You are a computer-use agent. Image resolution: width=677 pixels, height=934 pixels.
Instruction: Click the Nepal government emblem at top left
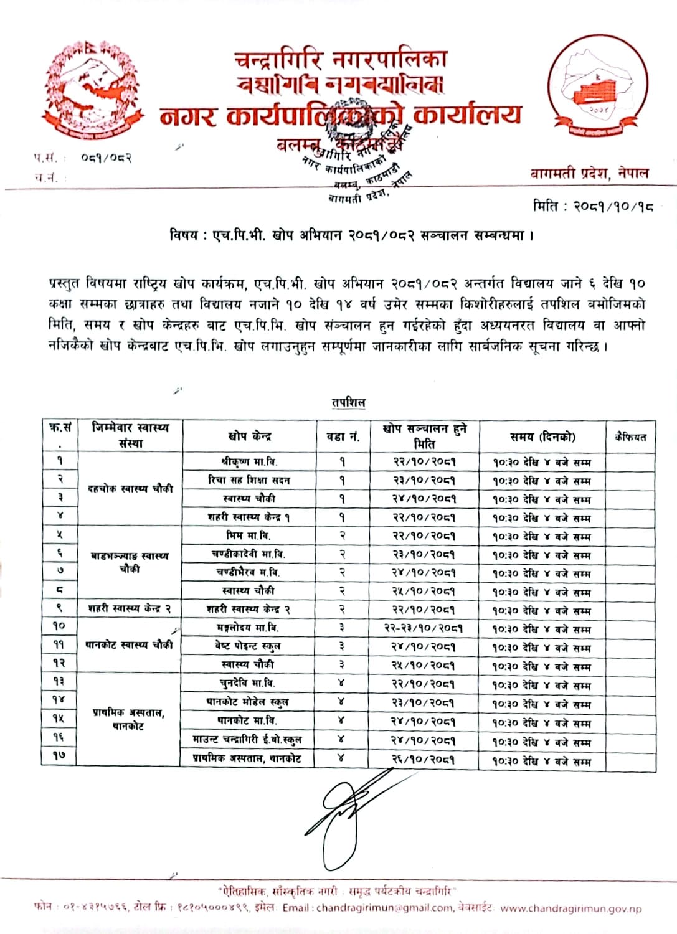pos(92,91)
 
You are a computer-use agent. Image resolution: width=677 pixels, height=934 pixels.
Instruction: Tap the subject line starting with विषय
pos(352,235)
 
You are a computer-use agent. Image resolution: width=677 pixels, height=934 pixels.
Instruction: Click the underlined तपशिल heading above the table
pos(348,402)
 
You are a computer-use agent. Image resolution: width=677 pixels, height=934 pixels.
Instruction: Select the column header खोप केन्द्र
pos(249,436)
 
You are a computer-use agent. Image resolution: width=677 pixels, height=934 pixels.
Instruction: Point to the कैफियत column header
pos(630,436)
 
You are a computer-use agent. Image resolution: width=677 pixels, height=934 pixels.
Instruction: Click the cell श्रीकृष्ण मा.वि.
pos(249,461)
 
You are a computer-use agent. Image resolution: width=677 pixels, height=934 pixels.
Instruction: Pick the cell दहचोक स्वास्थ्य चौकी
pos(130,489)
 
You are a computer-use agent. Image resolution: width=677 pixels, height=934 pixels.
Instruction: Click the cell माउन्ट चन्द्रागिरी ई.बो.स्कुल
pos(247,740)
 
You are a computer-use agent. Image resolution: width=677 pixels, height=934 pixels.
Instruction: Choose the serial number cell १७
pos(59,756)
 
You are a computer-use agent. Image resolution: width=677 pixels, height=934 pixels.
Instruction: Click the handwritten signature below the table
pos(346,809)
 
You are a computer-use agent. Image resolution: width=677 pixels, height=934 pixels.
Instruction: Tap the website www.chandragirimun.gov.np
pos(570,908)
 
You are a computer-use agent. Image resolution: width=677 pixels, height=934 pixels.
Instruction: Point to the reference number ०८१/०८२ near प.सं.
pos(106,158)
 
